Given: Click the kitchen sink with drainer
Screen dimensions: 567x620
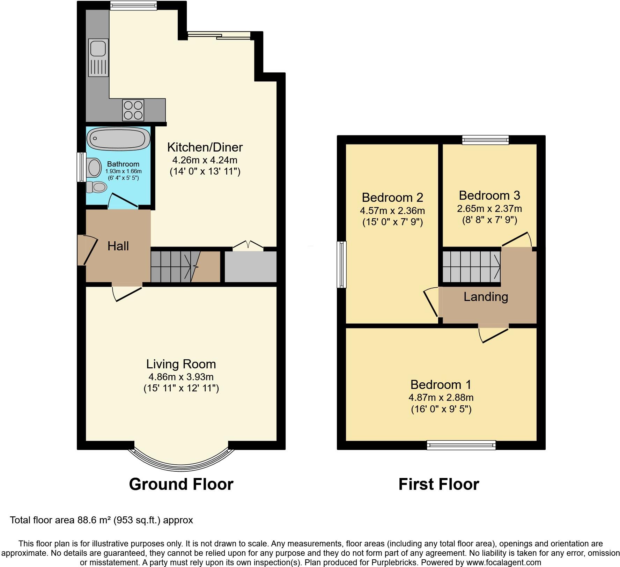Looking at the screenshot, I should [98, 58].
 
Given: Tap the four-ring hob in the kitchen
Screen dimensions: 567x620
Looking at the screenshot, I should [133, 110].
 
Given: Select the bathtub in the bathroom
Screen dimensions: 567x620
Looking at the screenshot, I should [118, 139].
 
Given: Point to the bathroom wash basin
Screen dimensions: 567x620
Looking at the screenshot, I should [94, 168].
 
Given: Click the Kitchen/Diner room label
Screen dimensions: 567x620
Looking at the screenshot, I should [205, 147].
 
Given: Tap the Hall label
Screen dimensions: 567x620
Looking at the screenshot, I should [118, 246].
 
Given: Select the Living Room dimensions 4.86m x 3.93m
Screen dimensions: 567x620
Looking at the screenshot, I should [181, 377].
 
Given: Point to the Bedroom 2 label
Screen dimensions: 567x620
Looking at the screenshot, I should [392, 198].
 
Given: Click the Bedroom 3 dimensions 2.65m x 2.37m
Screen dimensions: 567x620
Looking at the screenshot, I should [489, 209].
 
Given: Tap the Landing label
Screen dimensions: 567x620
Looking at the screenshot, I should [486, 297].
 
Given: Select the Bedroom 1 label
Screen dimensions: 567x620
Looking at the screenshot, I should [441, 384].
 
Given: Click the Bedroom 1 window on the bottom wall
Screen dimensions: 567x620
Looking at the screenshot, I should [461, 445].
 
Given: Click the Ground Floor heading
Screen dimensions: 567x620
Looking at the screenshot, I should [181, 484].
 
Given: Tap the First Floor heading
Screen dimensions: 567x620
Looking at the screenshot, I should [439, 484].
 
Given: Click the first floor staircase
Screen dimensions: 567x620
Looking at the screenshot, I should [471, 267].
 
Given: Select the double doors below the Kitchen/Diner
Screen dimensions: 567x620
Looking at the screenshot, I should [248, 245].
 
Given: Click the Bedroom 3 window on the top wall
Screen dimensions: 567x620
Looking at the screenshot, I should [485, 140].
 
